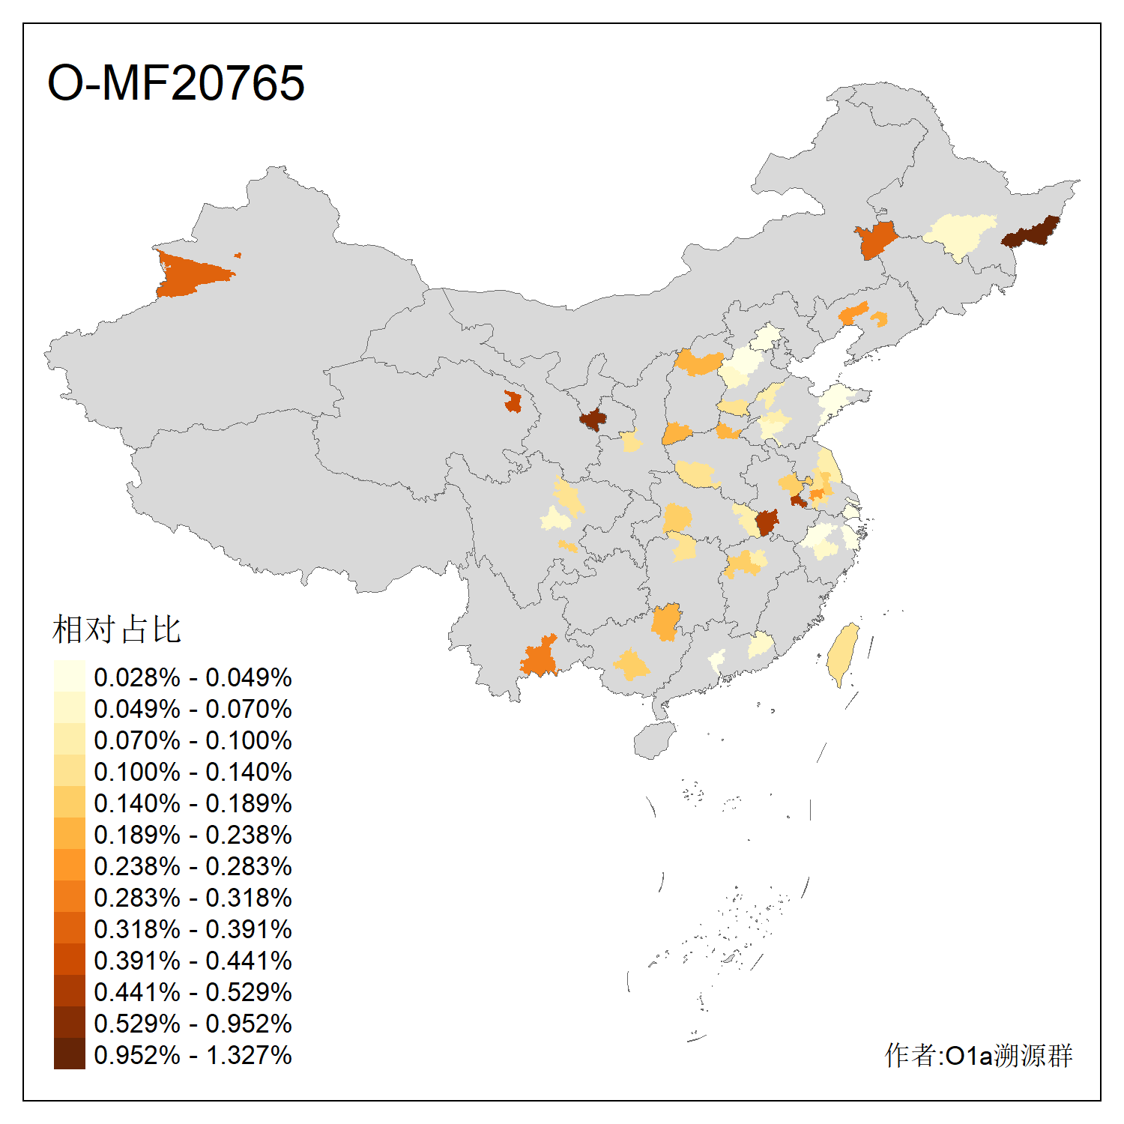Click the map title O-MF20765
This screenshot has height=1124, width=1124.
pos(176,82)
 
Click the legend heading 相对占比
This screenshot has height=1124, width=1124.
pos(117,629)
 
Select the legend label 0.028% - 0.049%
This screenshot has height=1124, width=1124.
pos(193,677)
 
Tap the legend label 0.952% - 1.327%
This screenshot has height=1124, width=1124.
pos(193,1055)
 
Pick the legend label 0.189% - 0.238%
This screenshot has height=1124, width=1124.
pos(193,835)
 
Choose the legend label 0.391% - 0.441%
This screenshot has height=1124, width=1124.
pos(193,961)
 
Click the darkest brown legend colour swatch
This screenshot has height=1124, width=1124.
pos(69,1054)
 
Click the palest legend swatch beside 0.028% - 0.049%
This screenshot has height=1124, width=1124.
pos(69,677)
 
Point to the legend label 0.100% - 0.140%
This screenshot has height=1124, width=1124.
pos(193,772)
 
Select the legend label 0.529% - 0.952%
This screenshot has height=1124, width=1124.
pos(193,1024)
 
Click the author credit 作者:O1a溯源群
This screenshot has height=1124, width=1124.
pos(978,1055)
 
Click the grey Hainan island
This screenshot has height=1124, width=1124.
pos(653,740)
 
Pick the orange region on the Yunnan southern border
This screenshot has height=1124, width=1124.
pos(540,658)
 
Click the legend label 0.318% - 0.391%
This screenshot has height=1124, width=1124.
pos(193,929)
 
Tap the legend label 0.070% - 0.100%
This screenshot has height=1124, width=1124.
pos(193,740)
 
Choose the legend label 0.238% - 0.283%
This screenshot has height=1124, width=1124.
pos(193,866)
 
